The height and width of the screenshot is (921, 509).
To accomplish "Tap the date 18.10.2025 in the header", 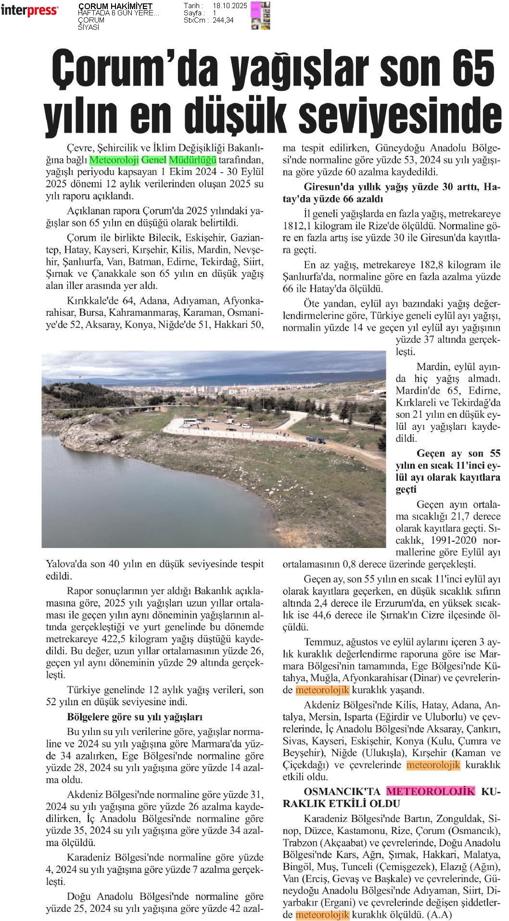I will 229,6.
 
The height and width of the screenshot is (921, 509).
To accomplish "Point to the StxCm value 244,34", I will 223,20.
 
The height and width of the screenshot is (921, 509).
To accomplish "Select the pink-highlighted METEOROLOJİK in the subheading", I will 430,791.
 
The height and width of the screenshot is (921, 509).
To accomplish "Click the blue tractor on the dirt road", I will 318,438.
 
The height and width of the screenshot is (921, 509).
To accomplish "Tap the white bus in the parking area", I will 190,422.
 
